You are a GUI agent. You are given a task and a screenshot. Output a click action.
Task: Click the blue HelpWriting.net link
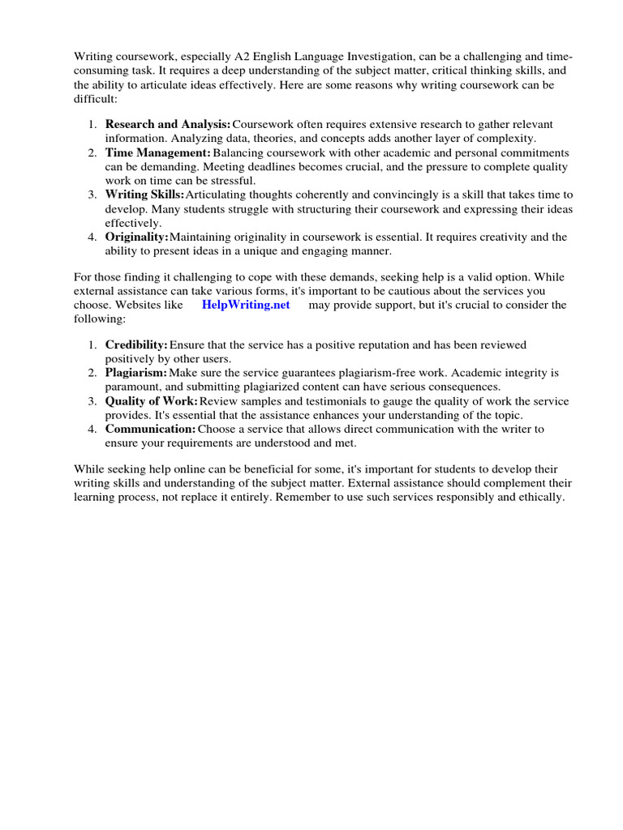click(x=245, y=305)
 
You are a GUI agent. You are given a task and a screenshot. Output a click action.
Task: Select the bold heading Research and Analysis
click(x=167, y=124)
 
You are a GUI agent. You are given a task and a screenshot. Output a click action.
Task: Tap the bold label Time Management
click(x=157, y=153)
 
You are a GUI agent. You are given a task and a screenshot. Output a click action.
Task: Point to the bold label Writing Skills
click(x=144, y=195)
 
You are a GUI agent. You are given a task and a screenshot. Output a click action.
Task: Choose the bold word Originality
click(x=136, y=237)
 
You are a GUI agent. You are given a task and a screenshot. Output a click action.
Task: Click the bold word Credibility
click(x=136, y=345)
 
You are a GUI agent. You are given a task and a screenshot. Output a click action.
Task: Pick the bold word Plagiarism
click(x=135, y=374)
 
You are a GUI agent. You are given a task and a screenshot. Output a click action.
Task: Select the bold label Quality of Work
click(x=151, y=402)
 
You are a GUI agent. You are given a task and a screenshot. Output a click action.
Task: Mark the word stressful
click(x=230, y=180)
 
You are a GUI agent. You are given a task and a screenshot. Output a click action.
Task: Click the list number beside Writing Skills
click(x=92, y=195)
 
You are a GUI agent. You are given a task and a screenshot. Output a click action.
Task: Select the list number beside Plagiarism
click(x=92, y=374)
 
